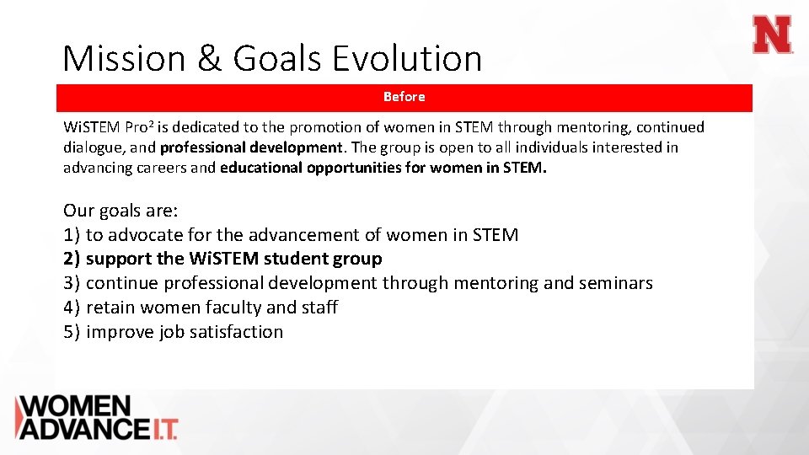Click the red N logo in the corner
tap(773, 35)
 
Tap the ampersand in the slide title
tap(207, 59)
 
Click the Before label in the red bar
tap(404, 97)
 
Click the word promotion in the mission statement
tap(324, 127)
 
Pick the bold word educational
tap(262, 168)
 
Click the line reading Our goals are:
tap(121, 211)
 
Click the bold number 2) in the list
tap(72, 259)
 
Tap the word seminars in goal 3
tap(615, 283)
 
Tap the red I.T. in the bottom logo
tap(163, 429)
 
